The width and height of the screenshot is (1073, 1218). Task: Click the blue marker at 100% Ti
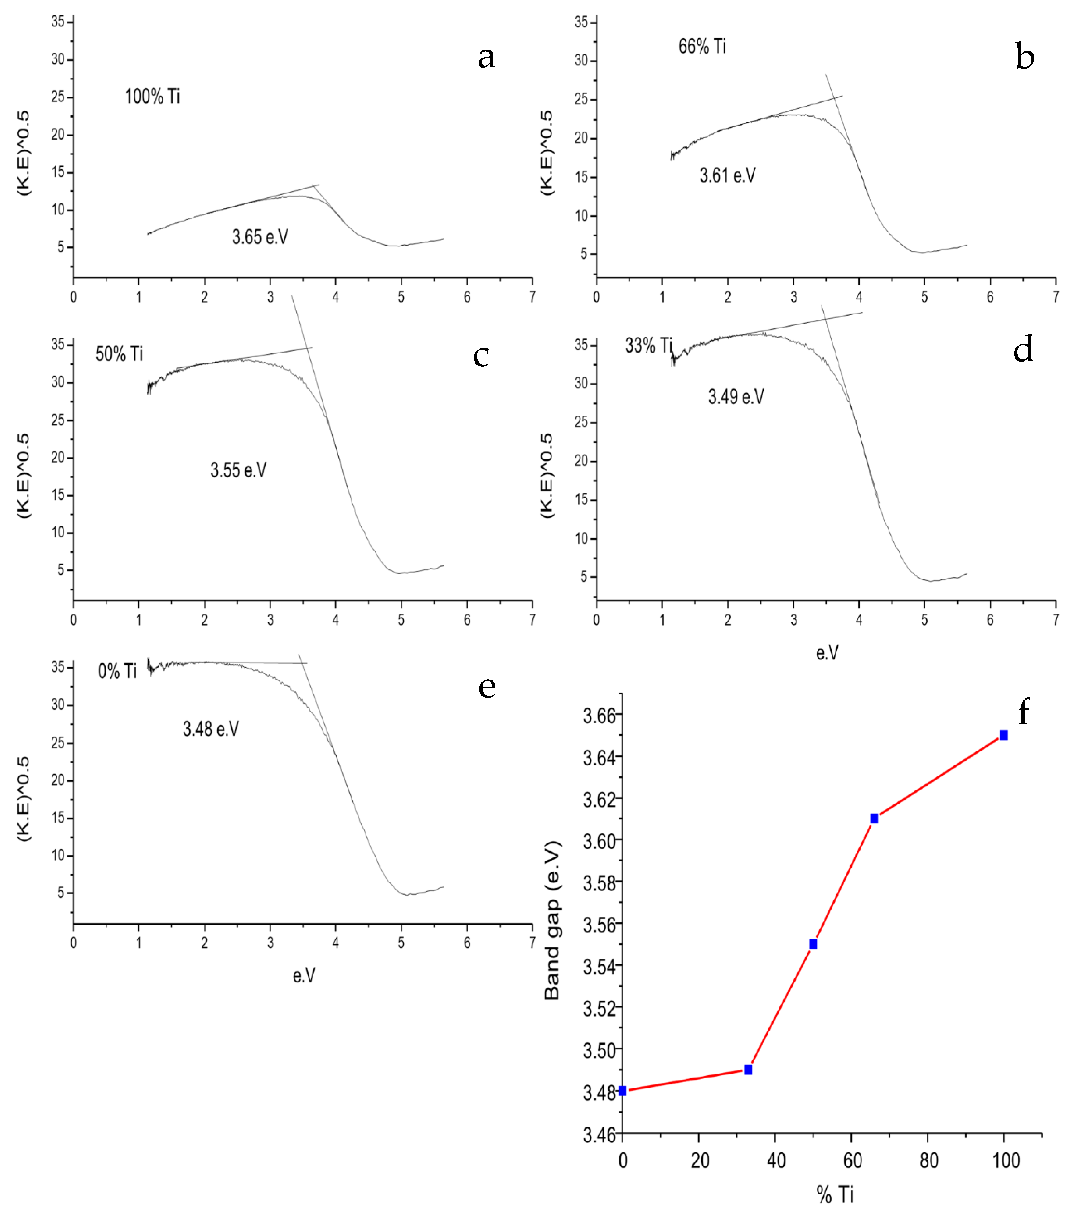click(1004, 735)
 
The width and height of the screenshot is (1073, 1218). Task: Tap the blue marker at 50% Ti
click(813, 944)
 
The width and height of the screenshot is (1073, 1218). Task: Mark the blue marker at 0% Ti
click(622, 1090)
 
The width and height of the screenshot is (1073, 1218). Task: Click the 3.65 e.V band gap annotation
click(260, 237)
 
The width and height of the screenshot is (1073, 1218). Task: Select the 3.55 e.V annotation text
click(239, 470)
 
